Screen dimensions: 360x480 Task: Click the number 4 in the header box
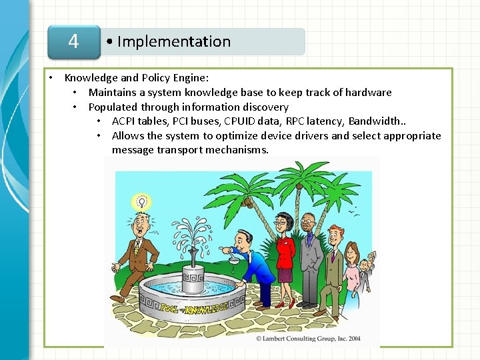(73, 41)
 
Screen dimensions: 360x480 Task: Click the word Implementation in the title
(173, 41)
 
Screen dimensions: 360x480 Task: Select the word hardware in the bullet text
(366, 93)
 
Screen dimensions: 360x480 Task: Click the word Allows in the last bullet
(128, 136)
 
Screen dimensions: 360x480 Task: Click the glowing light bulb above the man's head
(141, 201)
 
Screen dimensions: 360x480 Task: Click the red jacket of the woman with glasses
(285, 251)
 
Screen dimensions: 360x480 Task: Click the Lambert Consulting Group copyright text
(308, 339)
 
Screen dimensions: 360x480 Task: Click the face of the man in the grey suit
(307, 225)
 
